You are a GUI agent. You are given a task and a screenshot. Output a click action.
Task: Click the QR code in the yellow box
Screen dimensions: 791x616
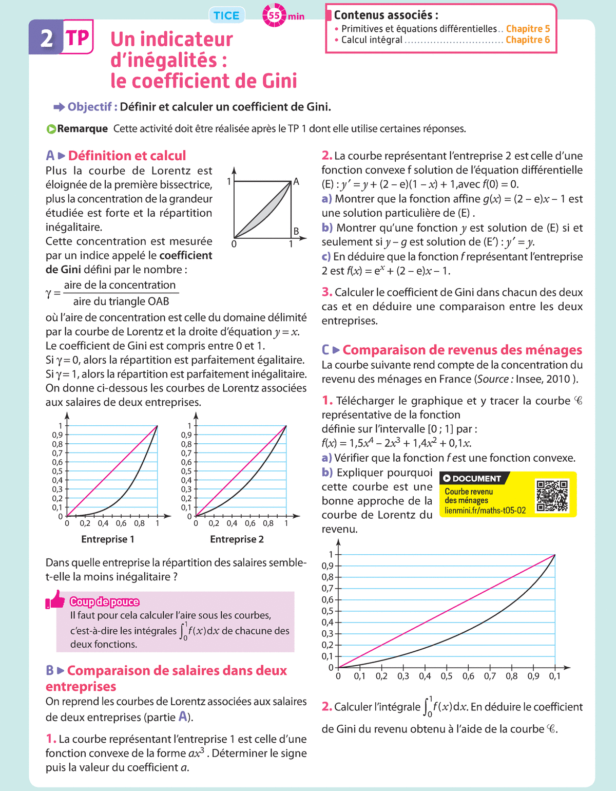[552, 496]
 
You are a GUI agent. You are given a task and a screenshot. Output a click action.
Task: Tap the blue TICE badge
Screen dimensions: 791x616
[226, 15]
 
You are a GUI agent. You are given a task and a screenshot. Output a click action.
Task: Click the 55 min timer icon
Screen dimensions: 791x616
[274, 16]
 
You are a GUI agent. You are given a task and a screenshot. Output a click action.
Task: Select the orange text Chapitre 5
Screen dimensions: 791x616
[528, 29]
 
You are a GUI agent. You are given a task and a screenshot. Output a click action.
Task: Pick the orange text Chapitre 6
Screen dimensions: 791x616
[528, 40]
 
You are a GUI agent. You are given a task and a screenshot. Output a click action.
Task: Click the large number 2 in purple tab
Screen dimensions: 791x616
[46, 38]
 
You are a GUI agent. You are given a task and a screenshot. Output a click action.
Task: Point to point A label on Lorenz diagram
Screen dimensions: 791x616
[296, 182]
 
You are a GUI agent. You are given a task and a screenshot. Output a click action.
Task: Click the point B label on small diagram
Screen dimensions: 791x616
[296, 231]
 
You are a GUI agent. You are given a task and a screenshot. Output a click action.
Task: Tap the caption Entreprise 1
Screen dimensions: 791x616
[108, 539]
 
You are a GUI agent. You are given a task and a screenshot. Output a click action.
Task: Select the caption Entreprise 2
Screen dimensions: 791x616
[237, 539]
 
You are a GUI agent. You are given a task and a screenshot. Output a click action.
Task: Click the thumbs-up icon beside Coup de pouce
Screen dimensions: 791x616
[55, 599]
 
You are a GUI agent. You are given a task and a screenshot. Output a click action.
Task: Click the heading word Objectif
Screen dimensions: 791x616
[90, 107]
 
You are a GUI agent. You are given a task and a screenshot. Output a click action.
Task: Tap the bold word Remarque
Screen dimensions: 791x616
[82, 128]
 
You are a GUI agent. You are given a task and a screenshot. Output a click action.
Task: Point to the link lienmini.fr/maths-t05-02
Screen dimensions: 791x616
[485, 511]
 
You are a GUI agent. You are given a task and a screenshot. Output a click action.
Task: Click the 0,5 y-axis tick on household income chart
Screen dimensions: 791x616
[328, 611]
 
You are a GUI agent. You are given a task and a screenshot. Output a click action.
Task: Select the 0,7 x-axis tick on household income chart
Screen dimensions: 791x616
[490, 676]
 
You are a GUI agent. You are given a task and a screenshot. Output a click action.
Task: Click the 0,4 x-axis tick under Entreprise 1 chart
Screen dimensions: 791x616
[103, 523]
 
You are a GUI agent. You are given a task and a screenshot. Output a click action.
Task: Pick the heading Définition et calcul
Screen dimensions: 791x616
[127, 156]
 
